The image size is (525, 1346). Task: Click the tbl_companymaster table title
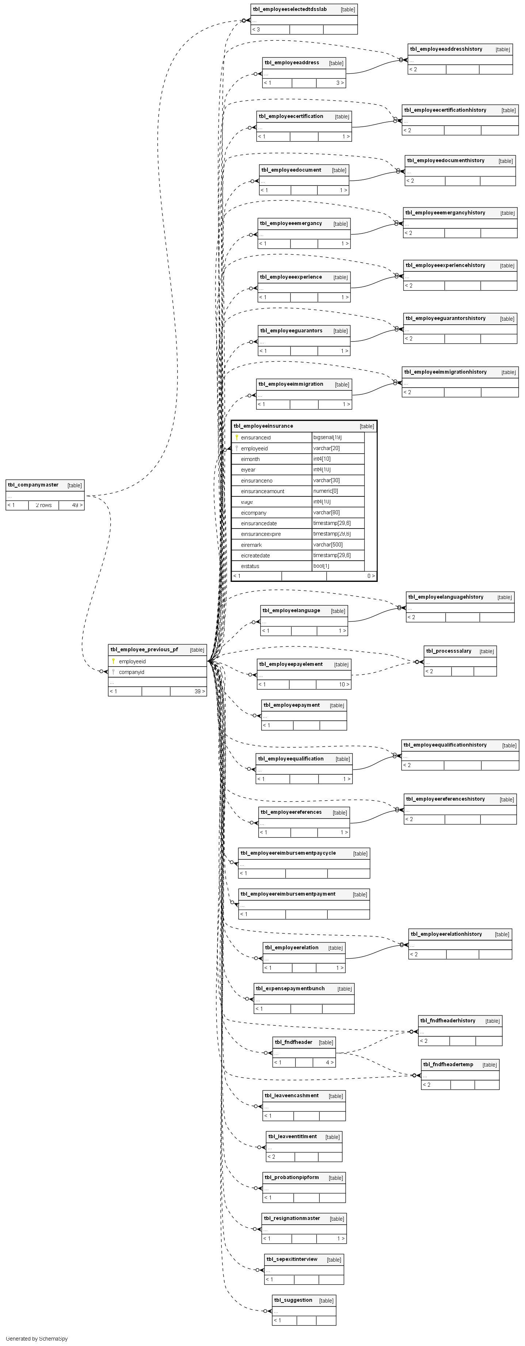[33, 485]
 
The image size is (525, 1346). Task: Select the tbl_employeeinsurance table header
[263, 426]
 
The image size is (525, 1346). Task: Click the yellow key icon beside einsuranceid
[237, 437]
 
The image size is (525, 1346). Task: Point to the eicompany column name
[254, 512]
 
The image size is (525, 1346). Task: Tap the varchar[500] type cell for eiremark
[328, 545]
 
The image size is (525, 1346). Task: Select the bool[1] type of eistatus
[321, 566]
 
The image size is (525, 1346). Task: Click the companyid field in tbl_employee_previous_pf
[132, 672]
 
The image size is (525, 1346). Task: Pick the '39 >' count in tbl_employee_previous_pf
[199, 691]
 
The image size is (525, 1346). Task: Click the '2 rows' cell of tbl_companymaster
[43, 505]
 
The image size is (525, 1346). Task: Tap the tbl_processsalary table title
[448, 651]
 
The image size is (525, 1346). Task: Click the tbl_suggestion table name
[293, 1300]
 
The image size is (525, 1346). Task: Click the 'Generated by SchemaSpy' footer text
[37, 1339]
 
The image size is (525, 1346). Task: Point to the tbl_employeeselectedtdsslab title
[290, 9]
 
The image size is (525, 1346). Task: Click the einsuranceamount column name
[262, 491]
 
